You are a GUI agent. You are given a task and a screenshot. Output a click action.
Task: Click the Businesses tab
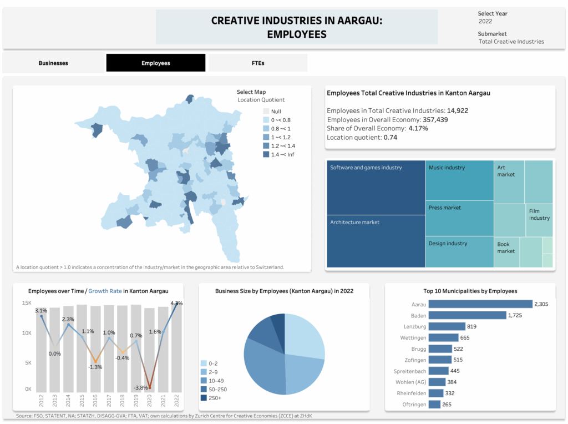click(x=53, y=63)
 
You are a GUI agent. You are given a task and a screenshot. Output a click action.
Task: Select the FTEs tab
click(x=258, y=63)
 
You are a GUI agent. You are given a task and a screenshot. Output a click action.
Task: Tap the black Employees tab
click(x=156, y=63)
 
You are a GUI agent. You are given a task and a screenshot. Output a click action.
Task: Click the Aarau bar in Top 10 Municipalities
click(x=480, y=304)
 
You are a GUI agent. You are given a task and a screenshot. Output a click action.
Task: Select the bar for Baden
click(x=468, y=315)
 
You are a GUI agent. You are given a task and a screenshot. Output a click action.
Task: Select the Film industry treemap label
click(x=539, y=214)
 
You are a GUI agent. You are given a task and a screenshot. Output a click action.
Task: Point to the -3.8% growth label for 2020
click(x=140, y=387)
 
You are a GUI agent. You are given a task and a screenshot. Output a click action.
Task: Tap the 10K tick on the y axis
click(x=27, y=333)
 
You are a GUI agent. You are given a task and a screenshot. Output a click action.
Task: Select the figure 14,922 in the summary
click(x=458, y=110)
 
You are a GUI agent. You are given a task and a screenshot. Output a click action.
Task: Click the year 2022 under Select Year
click(x=485, y=22)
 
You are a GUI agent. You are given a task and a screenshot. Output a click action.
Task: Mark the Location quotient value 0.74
click(x=390, y=137)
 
